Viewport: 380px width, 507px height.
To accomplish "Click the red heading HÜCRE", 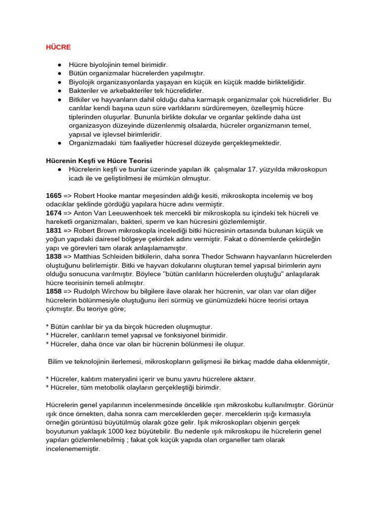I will pos(58,47).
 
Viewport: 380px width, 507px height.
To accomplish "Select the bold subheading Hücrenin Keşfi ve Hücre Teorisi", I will pos(99,161).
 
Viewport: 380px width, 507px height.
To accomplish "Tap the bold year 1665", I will pos(54,196).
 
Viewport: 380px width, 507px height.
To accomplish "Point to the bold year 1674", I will pos(54,213).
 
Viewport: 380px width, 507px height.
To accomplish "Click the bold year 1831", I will pos(54,231).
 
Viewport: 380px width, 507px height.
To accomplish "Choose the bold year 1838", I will pos(54,256).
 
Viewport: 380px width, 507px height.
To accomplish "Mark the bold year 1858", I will pos(54,291).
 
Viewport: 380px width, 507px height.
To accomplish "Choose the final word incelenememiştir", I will pos(73,449).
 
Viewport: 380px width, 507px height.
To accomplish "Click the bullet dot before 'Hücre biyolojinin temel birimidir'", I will pos(59,65).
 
